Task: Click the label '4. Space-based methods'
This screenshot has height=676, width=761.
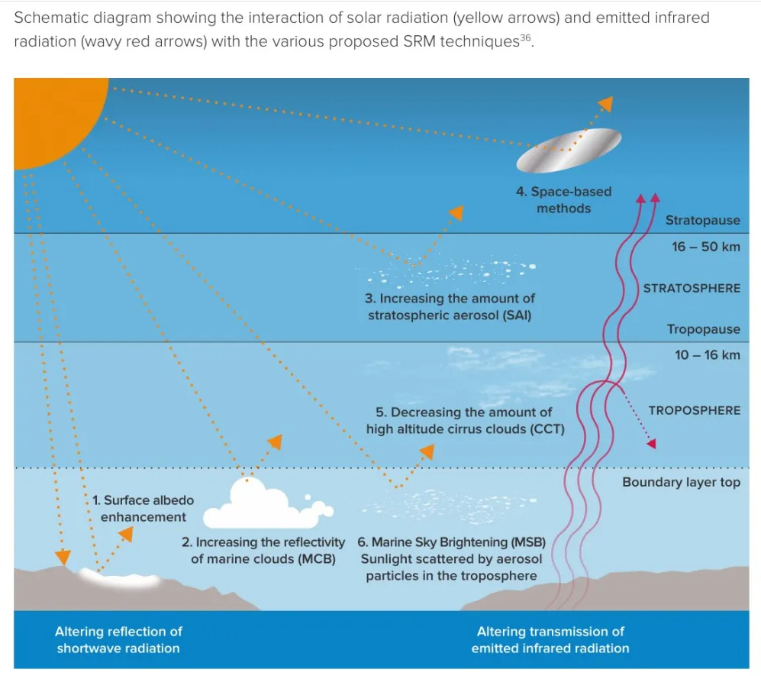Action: pos(563,199)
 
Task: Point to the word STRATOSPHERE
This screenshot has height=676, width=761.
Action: pos(692,288)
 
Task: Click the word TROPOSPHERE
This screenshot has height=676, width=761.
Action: pos(694,410)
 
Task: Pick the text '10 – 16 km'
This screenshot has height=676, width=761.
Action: pos(707,354)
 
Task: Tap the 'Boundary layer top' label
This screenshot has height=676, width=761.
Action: pos(681,482)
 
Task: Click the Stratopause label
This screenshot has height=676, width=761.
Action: pos(702,220)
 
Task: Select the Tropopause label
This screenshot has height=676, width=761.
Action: pos(703,329)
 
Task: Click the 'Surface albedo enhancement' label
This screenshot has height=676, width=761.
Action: pos(143,509)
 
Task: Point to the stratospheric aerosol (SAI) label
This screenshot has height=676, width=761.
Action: pos(451,306)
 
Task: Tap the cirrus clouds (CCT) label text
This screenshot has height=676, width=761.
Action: pos(465,420)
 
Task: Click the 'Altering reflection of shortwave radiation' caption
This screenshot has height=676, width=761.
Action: pos(118,640)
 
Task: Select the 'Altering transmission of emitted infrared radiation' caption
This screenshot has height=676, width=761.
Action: pos(550,640)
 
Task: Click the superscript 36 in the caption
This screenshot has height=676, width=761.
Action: pos(524,37)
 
